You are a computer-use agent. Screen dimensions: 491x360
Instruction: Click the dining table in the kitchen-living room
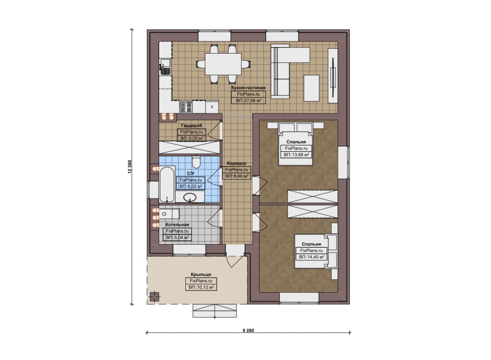(223, 64)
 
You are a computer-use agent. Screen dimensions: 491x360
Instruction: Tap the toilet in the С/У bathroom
(196, 162)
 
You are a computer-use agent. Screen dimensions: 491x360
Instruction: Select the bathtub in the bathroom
(167, 184)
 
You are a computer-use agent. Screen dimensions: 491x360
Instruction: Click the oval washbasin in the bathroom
(190, 197)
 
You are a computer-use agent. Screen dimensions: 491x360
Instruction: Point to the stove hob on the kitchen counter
(186, 107)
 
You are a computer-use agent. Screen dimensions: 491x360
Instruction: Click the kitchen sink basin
(165, 63)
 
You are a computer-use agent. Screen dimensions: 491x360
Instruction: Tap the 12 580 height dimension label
(130, 167)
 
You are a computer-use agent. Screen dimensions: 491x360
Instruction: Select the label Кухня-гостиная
(248, 88)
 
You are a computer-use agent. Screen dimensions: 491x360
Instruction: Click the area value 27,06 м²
(248, 100)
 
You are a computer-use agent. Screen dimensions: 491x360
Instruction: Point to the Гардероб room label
(191, 125)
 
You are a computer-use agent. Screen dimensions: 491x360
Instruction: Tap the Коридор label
(237, 163)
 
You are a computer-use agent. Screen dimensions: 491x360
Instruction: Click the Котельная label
(177, 225)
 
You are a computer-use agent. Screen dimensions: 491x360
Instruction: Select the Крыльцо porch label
(201, 275)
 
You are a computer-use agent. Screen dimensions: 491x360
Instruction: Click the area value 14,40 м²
(311, 257)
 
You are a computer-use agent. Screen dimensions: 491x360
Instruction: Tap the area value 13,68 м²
(297, 155)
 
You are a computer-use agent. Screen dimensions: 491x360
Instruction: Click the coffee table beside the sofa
(311, 88)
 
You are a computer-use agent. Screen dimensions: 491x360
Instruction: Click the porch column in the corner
(155, 297)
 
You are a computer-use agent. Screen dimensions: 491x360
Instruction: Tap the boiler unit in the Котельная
(169, 214)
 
